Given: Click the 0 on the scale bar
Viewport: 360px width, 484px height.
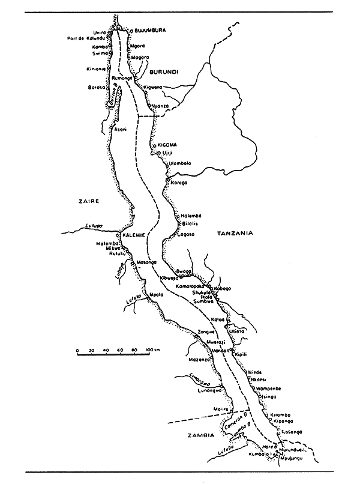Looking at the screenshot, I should coord(77,349).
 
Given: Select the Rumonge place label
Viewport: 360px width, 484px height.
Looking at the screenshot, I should coord(122,78).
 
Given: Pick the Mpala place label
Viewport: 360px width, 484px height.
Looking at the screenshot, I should coord(157,295).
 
